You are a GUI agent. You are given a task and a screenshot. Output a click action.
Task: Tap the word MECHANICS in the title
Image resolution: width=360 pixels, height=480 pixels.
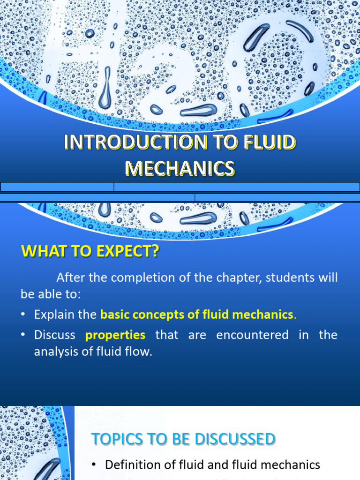click(x=180, y=168)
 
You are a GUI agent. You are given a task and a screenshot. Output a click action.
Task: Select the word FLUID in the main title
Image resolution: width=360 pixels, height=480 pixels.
click(x=270, y=142)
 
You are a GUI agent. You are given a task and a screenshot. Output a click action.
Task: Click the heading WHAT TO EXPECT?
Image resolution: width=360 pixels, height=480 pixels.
click(x=90, y=252)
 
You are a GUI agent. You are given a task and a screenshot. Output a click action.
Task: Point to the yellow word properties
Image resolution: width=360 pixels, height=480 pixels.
click(x=115, y=335)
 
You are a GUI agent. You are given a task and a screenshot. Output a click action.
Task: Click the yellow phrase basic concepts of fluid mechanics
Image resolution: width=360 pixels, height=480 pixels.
click(x=196, y=315)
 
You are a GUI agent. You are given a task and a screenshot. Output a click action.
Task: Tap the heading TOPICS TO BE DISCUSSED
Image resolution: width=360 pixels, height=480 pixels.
click(x=183, y=439)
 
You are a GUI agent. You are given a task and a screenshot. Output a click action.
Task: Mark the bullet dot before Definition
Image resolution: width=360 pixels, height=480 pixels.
click(x=94, y=465)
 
